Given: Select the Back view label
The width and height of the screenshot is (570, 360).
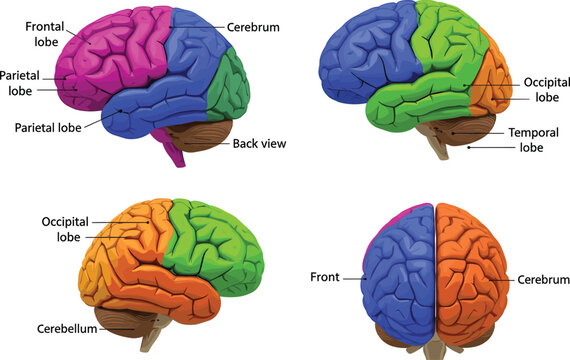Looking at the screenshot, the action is coord(259,144).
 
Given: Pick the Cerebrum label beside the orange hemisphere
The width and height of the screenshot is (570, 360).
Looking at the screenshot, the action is coord(543,280).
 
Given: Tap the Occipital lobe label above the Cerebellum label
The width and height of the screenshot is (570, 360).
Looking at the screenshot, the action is coord(65,229).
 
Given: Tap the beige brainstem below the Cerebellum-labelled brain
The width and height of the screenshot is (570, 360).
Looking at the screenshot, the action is coord(151,339).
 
